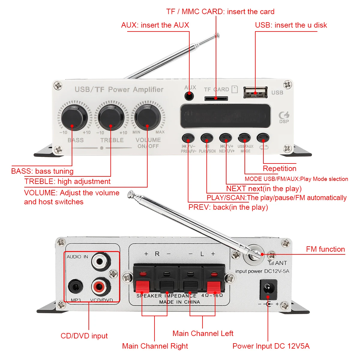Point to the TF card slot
[x=216, y=98]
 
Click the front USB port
[x=255, y=92]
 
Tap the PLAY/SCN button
[x=207, y=138]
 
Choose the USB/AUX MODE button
[x=244, y=138]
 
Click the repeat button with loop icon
[x=263, y=138]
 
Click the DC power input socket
[x=268, y=289]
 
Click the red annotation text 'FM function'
[x=325, y=249]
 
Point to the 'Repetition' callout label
[x=280, y=169]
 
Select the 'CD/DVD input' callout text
[x=84, y=336]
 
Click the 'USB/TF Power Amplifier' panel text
[x=119, y=89]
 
